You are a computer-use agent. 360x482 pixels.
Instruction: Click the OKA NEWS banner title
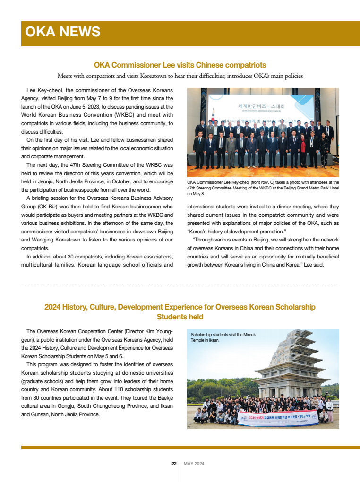point(63,32)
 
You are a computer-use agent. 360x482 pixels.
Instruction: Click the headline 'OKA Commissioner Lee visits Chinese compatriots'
point(180,65)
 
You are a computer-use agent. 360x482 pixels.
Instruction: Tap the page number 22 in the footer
point(174,464)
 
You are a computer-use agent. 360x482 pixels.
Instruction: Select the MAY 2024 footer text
point(194,464)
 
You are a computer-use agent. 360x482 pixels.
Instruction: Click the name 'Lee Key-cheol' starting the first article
point(43,90)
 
